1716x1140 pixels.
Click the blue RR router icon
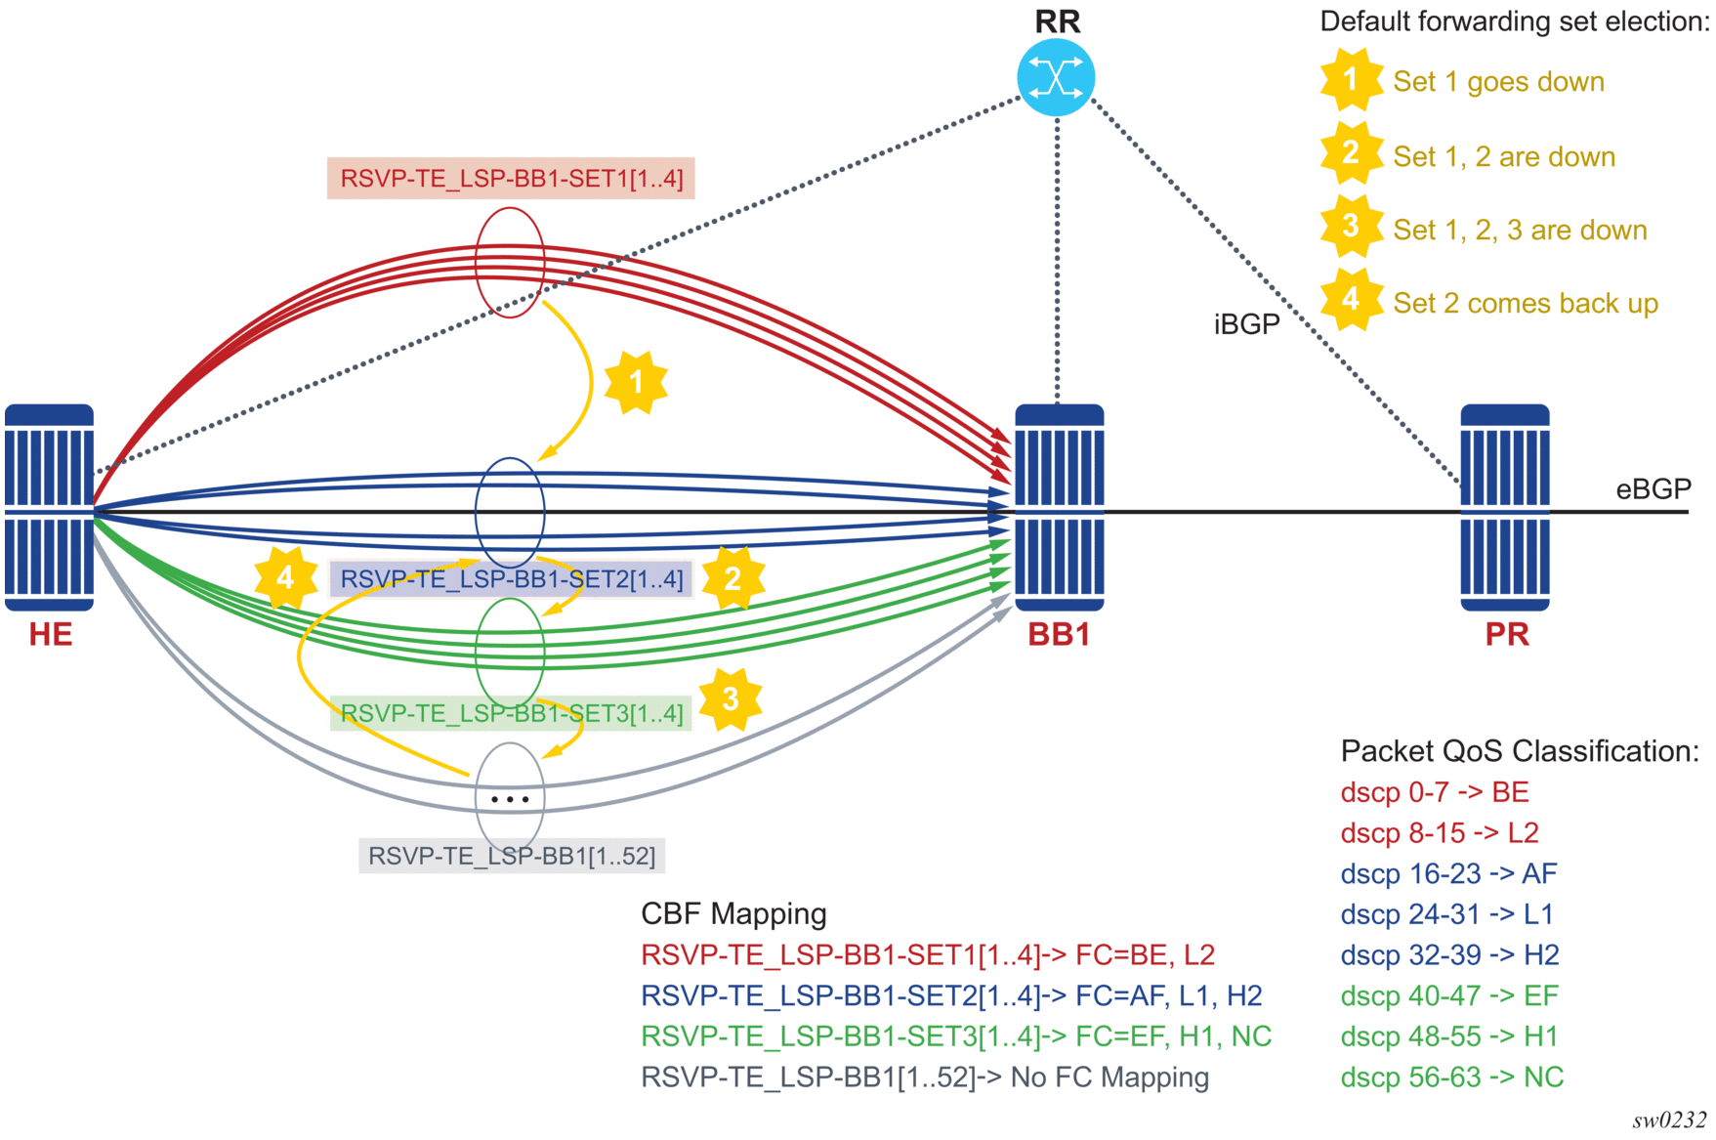coord(1056,77)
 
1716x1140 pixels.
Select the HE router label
coord(51,635)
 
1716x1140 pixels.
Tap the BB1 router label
coord(1059,635)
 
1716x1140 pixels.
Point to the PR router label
coord(1506,635)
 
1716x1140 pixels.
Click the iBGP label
coord(1246,324)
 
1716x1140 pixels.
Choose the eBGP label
coord(1653,489)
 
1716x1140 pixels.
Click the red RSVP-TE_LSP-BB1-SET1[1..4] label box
coord(511,179)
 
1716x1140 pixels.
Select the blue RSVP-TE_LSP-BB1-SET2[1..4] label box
coord(511,579)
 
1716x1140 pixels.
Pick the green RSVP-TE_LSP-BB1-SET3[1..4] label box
coord(511,713)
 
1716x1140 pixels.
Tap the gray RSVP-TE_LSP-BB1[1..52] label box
coord(511,856)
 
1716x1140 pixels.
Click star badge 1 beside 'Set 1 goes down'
coord(1351,80)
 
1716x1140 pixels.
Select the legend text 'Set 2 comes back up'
coord(1526,304)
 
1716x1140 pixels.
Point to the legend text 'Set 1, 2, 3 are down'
coord(1520,231)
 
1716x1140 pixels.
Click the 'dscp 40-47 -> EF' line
coord(1449,995)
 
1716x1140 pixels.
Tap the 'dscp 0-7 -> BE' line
coord(1435,792)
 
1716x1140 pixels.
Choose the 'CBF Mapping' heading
coord(733,913)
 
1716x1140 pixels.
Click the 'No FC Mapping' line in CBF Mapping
coord(925,1077)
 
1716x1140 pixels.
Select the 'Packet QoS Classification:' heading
coord(1520,751)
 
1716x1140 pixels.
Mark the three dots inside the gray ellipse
coord(510,799)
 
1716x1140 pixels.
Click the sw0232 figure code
coord(1668,1120)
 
